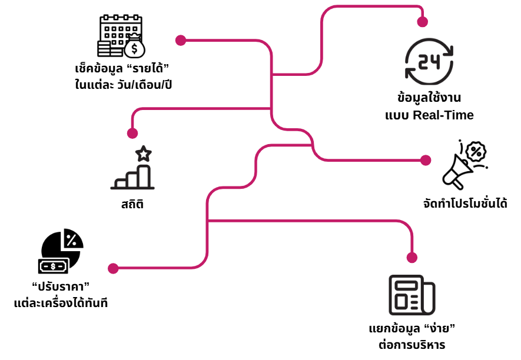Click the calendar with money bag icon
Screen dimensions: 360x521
tap(121, 36)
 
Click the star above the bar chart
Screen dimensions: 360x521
tap(143, 154)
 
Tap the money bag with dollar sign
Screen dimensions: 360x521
tap(134, 46)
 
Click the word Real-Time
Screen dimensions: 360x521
tap(443, 115)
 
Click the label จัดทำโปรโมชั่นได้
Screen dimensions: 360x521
tap(465, 204)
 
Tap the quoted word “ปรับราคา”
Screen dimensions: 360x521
tap(61, 286)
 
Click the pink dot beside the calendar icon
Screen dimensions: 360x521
tap(181, 40)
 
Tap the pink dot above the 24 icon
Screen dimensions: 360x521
tap(422, 22)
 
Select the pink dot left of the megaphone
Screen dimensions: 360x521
tap(426, 160)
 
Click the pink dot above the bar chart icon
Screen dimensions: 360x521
tap(132, 133)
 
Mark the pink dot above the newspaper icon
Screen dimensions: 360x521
tap(412, 257)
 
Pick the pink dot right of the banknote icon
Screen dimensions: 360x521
tap(114, 268)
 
